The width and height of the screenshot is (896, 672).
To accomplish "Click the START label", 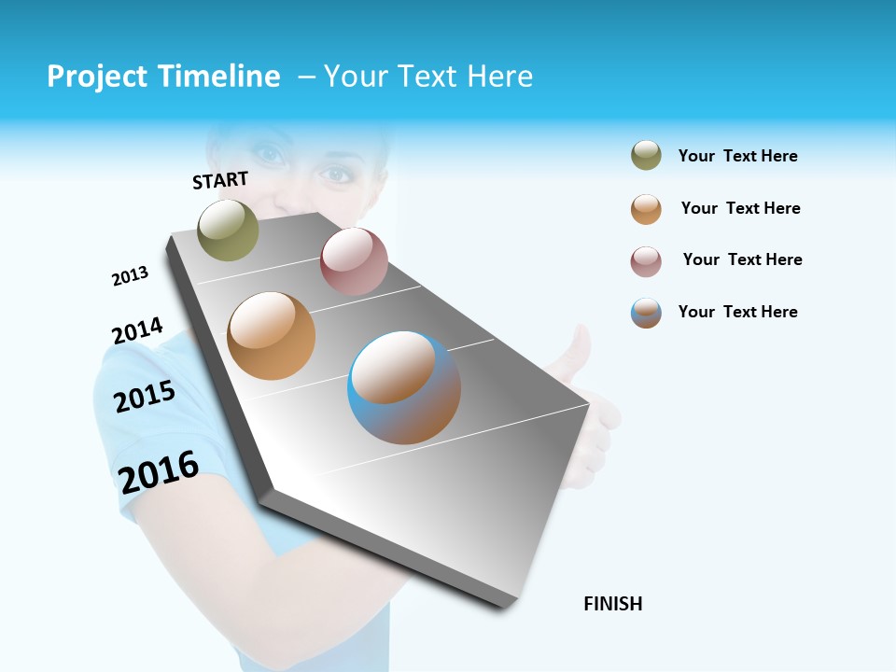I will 220,180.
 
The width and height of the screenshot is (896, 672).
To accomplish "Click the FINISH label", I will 612,604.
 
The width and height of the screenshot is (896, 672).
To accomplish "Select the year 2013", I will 130,275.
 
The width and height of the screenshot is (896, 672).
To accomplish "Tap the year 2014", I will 137,330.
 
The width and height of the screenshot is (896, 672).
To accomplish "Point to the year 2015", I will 145,397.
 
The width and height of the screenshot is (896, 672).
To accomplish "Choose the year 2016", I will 159,472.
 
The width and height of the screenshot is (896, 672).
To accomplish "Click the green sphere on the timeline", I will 228,230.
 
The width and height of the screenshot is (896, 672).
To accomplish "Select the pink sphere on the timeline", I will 354,261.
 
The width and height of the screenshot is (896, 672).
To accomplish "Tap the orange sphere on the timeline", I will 271,336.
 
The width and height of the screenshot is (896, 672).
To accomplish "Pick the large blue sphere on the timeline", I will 404,387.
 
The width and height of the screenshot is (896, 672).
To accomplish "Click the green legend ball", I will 646,156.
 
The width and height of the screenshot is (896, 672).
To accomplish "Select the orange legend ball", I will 646,208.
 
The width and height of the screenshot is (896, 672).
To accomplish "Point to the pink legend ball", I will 646,260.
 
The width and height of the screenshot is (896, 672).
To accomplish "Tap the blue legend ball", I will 646,313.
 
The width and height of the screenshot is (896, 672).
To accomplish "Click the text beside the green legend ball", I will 737,156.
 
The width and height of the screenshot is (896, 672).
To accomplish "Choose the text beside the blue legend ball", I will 737,312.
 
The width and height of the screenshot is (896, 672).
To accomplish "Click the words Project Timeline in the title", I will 163,77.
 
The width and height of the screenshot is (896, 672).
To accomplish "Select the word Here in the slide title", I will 499,77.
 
